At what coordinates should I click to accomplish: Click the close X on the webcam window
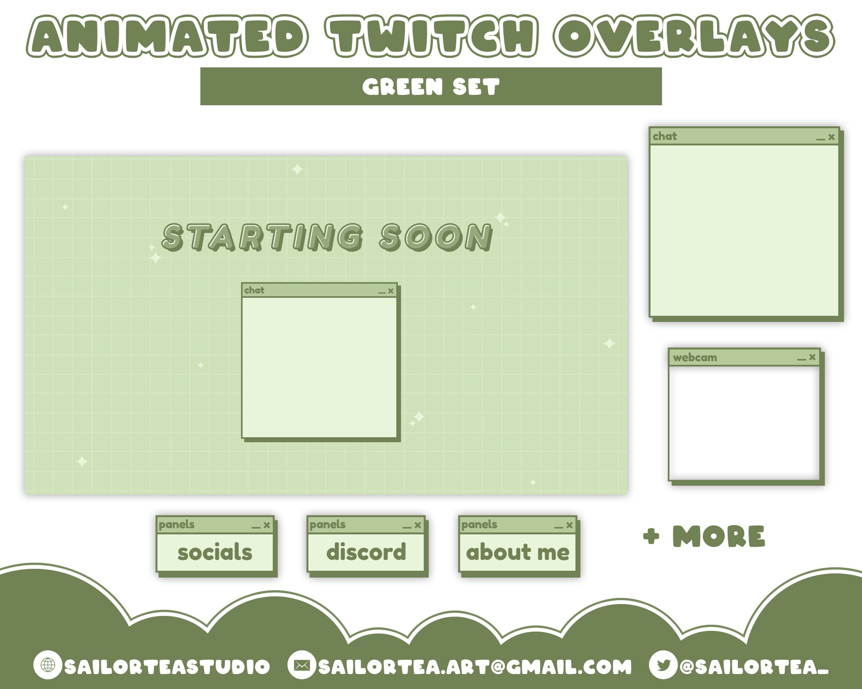tap(812, 357)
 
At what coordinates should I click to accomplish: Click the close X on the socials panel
tap(267, 525)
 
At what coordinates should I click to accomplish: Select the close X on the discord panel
tap(418, 525)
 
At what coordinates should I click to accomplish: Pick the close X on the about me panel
tap(569, 525)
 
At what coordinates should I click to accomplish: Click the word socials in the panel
tap(215, 552)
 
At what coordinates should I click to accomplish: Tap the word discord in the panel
tap(366, 552)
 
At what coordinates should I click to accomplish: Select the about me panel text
tap(518, 552)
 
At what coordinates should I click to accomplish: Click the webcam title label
tap(695, 358)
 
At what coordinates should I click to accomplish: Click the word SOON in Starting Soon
tap(436, 237)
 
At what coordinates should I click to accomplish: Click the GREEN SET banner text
tap(431, 87)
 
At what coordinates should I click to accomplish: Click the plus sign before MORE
tap(651, 536)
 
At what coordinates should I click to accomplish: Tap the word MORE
tap(718, 536)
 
